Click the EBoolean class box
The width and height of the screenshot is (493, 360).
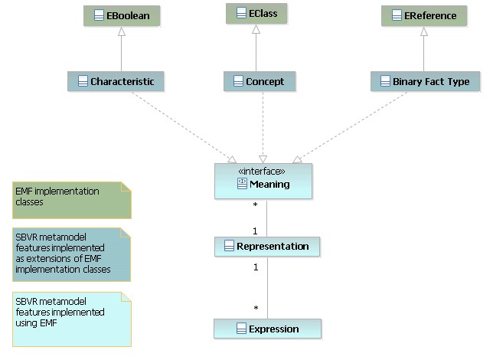pos(122,16)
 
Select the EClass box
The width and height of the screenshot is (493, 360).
pos(256,14)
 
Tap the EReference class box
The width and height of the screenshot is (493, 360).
pos(424,16)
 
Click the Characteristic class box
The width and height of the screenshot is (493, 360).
pos(116,81)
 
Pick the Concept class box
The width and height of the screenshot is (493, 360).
pos(260,81)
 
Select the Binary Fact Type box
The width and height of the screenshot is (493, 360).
pos(425,81)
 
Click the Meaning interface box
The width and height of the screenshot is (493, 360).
pos(263,181)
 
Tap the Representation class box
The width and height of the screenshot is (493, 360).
pos(267,247)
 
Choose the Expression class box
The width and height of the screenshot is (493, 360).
pos(267,329)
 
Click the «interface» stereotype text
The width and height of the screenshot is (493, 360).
pos(262,171)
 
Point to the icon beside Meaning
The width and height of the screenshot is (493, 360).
pos(242,184)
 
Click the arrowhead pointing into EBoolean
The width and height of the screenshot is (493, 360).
pos(122,31)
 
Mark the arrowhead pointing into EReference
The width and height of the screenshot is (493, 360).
pos(424,31)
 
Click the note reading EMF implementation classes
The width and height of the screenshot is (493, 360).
pos(72,200)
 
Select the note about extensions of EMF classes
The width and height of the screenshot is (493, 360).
pos(71,254)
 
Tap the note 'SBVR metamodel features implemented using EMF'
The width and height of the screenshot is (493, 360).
pos(72,319)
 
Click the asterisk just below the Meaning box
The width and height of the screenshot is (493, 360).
pos(256,205)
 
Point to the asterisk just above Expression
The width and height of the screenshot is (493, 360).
pos(256,309)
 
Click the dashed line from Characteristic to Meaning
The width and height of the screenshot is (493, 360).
pos(184,127)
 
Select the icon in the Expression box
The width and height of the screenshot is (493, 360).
pos(241,329)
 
